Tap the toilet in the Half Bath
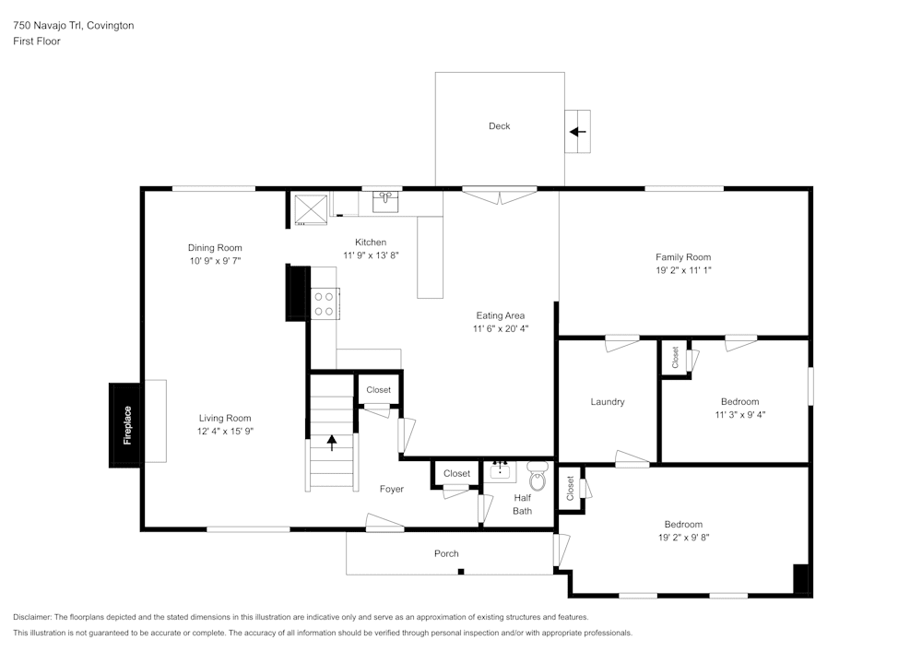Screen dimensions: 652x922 538,479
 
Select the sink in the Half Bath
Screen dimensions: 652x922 501,471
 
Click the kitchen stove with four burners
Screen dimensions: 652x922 324,303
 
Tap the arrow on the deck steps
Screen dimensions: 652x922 577,132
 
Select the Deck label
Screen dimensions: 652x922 499,126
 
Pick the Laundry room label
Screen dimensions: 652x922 608,402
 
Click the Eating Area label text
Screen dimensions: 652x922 501,315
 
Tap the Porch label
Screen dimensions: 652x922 446,553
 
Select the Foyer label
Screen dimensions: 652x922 392,489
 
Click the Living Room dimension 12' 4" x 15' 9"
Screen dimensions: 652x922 225,432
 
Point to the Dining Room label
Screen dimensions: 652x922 215,247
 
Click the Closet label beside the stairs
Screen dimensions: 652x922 378,390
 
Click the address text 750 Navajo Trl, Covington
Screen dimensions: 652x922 74,26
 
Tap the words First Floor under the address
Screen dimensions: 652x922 37,41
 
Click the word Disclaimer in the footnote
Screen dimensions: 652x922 32,617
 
